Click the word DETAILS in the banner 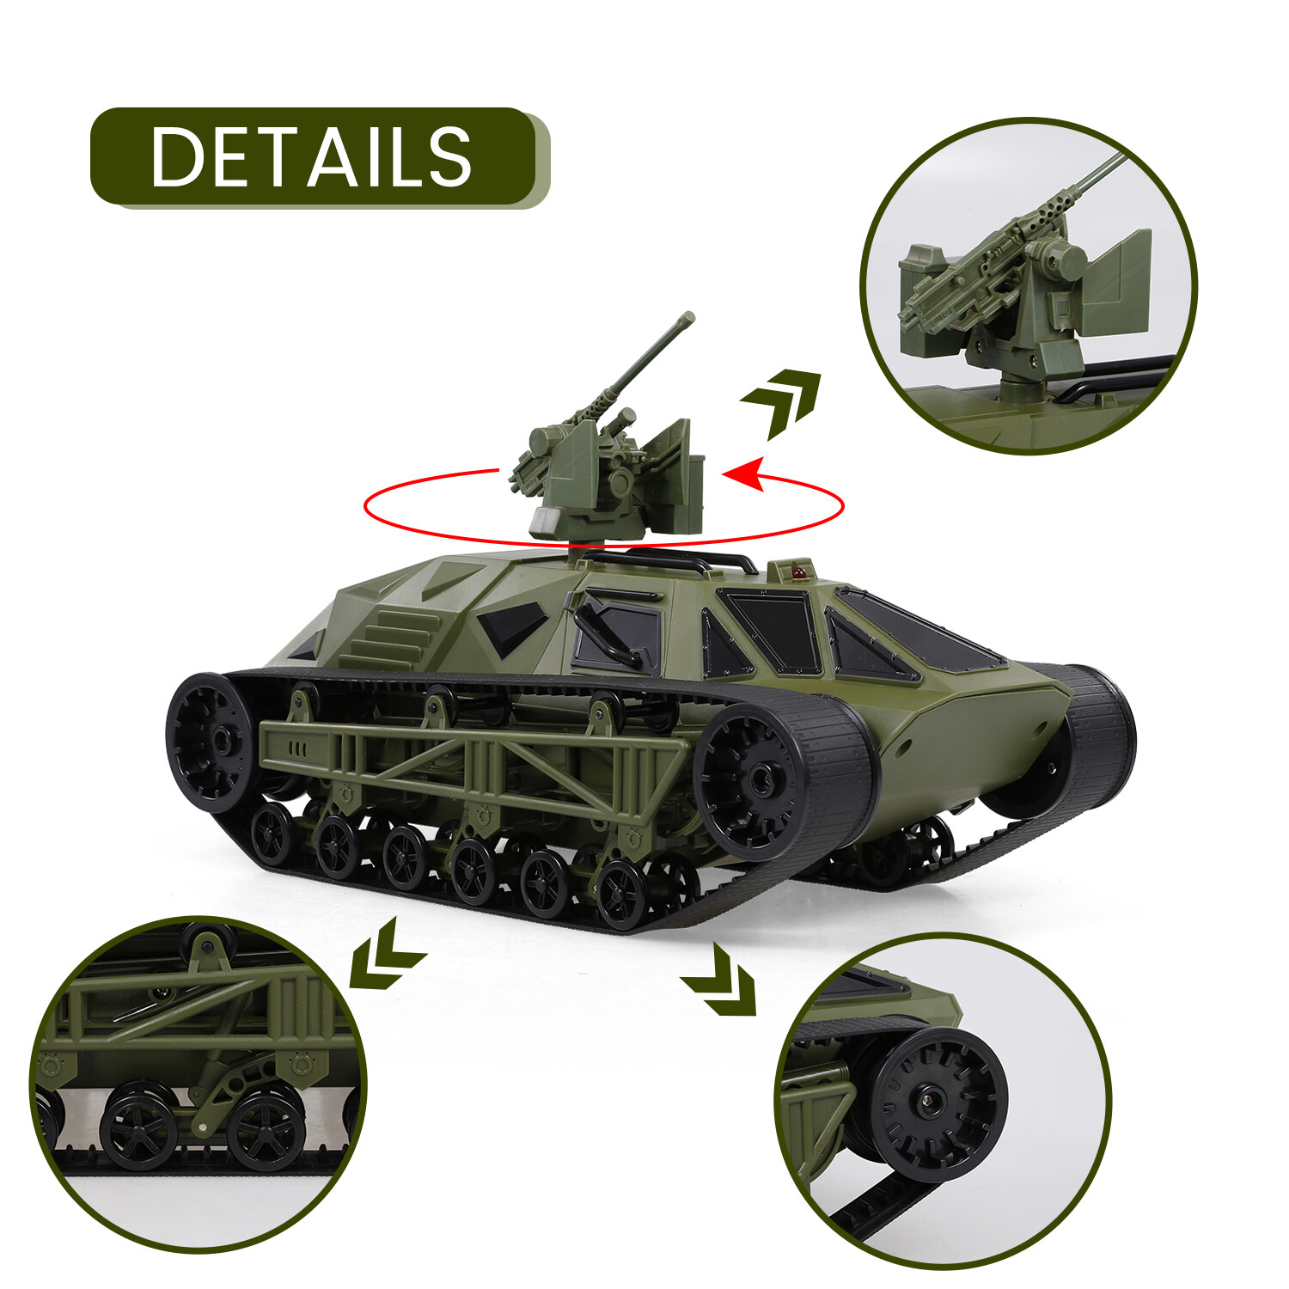(x=311, y=156)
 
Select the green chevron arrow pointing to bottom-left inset (x=384, y=956)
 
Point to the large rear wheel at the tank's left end (x=211, y=741)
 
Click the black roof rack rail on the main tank (x=670, y=559)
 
